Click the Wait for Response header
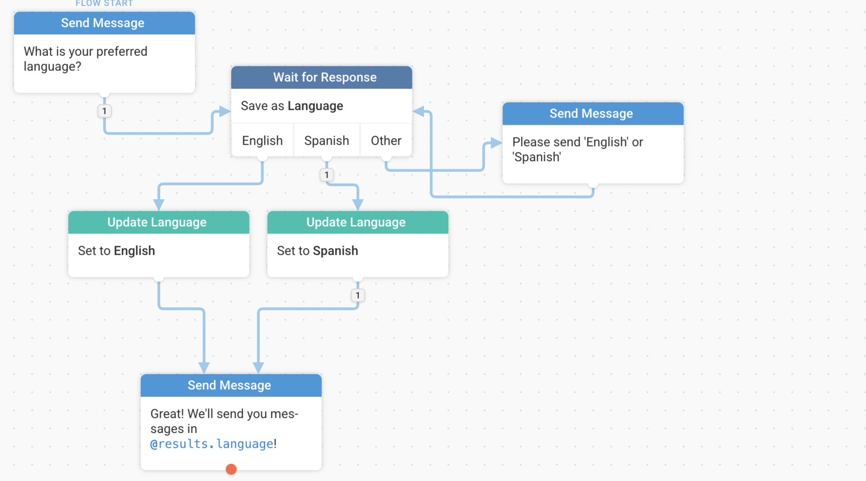tap(322, 77)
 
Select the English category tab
tap(262, 140)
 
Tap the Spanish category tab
tap(327, 140)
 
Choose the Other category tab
tap(386, 140)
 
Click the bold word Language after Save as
tap(315, 106)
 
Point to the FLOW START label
tap(104, 3)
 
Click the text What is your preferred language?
tap(86, 59)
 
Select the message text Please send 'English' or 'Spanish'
tap(578, 149)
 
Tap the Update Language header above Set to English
tap(159, 222)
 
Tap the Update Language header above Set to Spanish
tap(358, 222)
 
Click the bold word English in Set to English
tap(135, 251)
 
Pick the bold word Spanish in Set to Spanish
tap(336, 251)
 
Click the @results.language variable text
tap(212, 444)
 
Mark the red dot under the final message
tap(231, 469)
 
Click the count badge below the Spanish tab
tap(327, 175)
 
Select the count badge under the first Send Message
tap(104, 111)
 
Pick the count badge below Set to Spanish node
tap(358, 295)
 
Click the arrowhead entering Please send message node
tap(496, 143)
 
